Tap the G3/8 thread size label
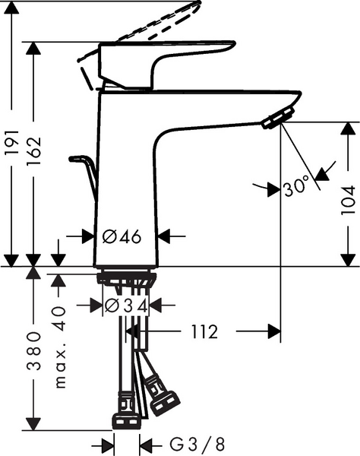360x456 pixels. [186, 442]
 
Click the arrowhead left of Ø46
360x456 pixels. [89, 236]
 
